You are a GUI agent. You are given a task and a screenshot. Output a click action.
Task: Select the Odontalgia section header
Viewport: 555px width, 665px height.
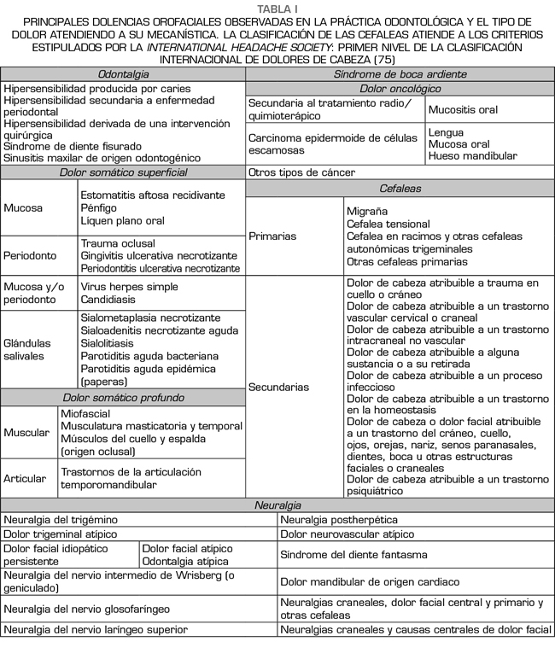point(123,74)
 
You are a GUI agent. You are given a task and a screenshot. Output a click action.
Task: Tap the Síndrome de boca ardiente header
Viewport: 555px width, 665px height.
point(400,74)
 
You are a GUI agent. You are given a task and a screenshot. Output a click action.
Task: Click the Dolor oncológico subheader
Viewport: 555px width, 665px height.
point(400,88)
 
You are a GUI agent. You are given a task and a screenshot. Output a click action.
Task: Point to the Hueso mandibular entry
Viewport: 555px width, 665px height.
point(473,156)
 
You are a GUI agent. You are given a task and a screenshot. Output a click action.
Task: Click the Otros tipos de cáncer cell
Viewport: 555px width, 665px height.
point(301,172)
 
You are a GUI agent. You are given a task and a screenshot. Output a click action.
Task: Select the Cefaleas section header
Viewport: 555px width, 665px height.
point(400,187)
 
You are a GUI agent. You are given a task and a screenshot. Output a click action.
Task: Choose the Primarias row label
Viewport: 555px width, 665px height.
point(273,236)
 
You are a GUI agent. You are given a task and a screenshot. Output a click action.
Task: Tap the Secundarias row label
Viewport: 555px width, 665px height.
point(278,387)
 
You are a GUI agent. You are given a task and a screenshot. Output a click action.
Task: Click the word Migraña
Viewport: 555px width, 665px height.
point(367,211)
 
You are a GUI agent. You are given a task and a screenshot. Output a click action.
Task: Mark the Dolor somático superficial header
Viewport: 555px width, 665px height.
point(123,172)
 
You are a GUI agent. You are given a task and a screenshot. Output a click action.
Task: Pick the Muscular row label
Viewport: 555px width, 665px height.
point(26,433)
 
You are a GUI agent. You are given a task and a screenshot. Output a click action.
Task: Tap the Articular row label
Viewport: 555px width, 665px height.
point(26,478)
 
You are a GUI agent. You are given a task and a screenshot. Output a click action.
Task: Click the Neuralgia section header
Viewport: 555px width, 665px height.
point(277,505)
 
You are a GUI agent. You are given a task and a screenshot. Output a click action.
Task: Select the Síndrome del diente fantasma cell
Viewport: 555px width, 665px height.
point(353,555)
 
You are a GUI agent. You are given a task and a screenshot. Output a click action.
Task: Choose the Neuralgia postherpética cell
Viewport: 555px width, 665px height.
point(338,519)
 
